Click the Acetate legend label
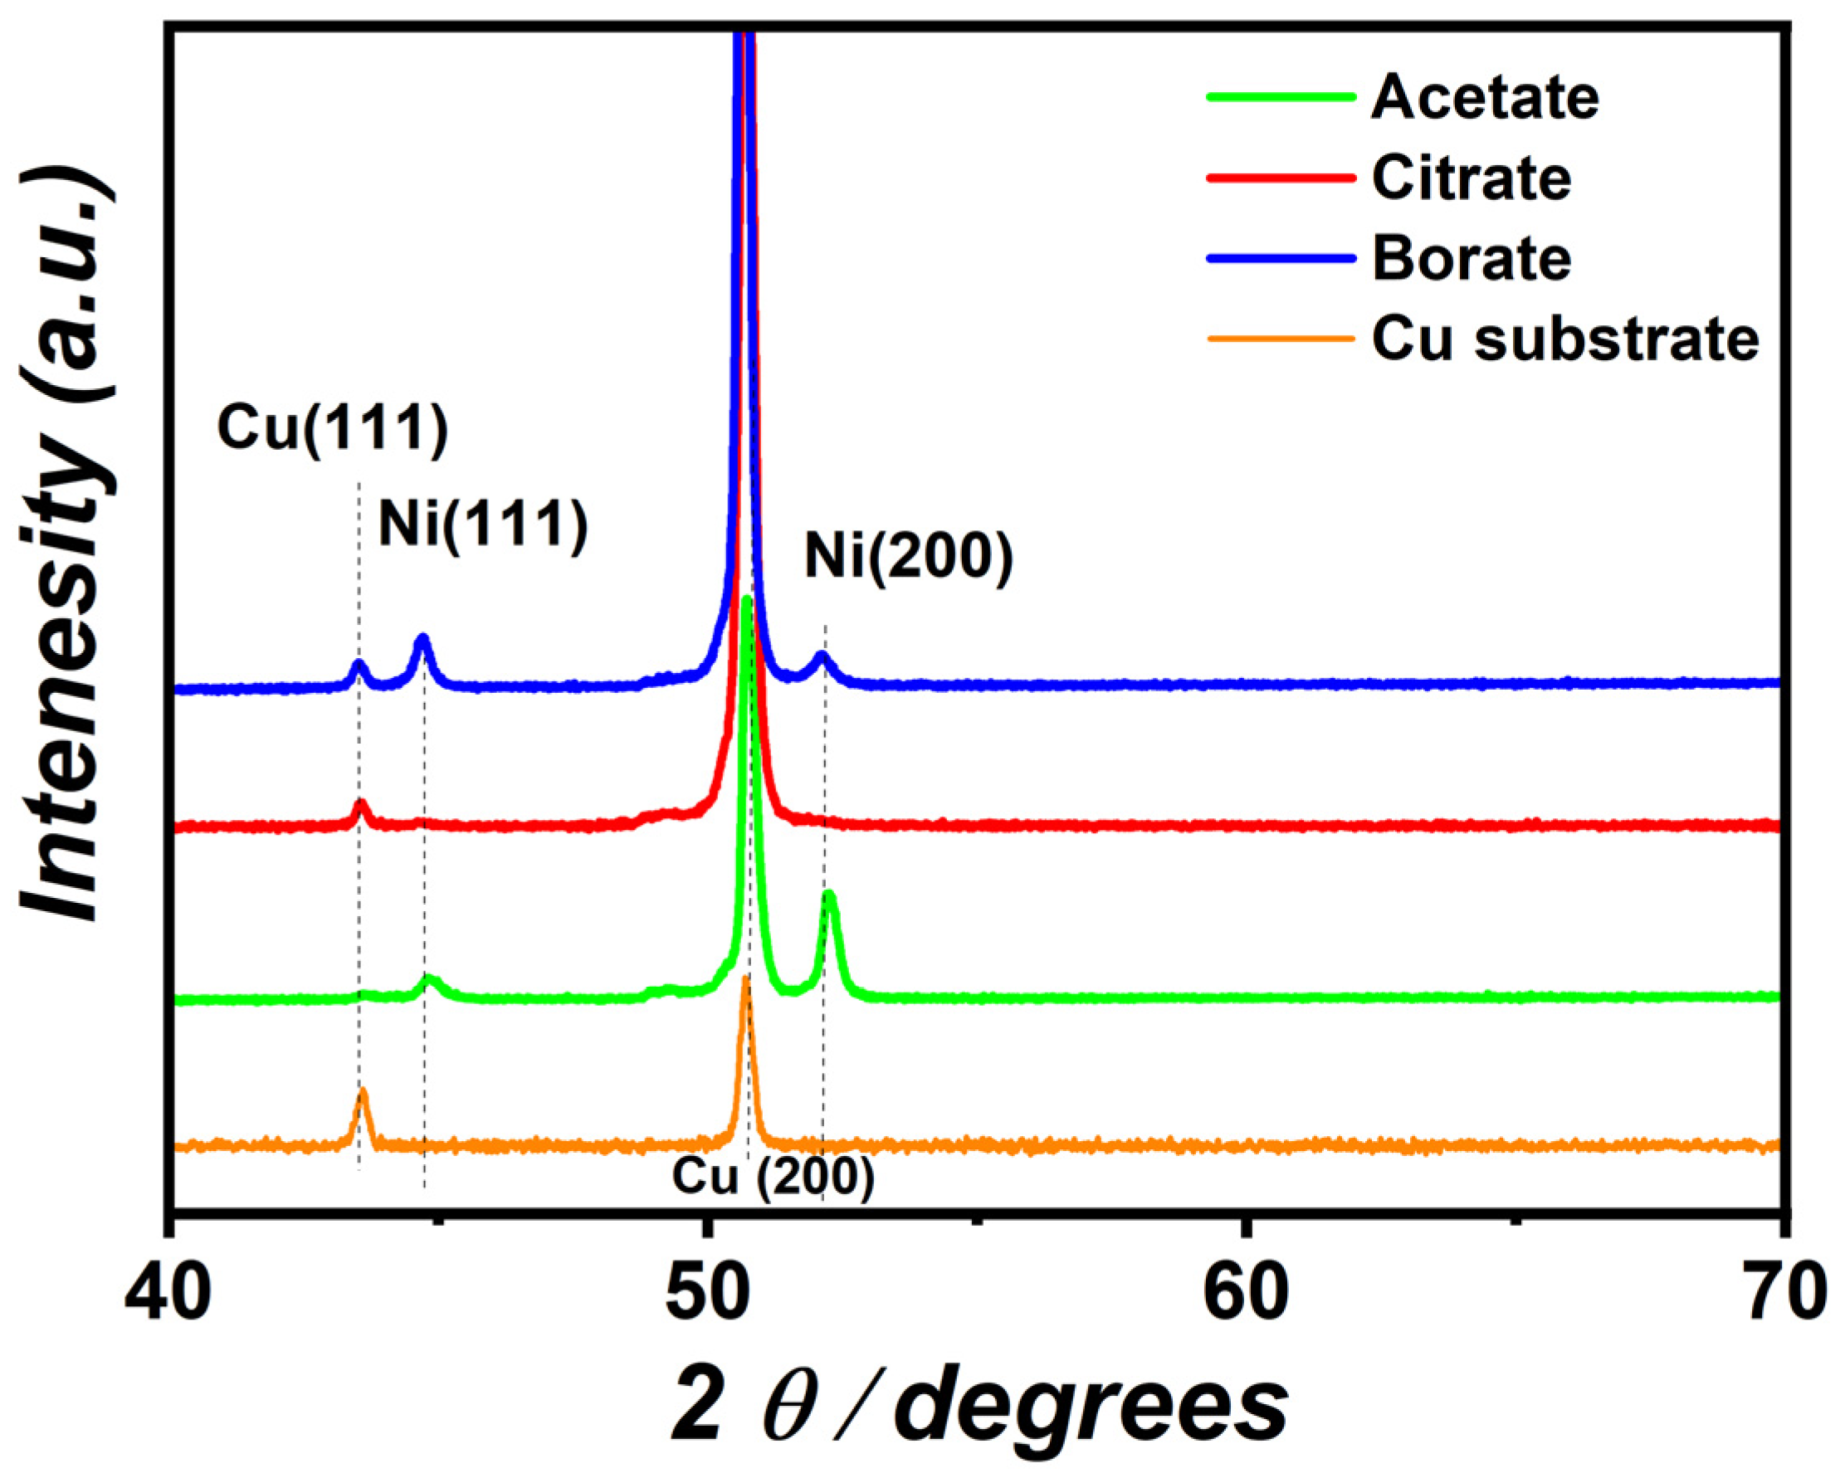pos(1485,98)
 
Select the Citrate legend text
pos(1471,178)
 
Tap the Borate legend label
pos(1471,258)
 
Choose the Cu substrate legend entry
pos(1565,339)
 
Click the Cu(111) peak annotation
pos(333,428)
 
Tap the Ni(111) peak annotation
pos(484,524)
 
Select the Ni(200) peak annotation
pos(909,558)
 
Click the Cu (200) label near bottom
pos(773,1178)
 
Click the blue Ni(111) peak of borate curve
pos(422,638)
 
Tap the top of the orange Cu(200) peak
pos(745,978)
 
